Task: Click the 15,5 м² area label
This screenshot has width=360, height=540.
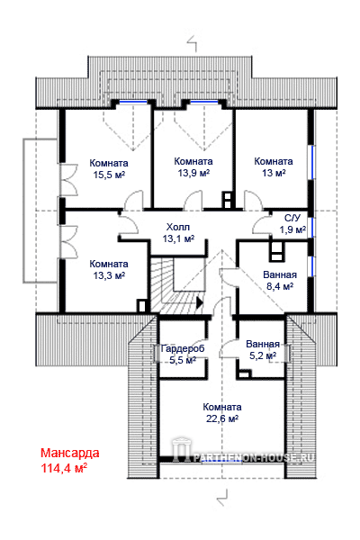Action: (x=109, y=175)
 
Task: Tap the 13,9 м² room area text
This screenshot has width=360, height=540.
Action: (x=193, y=173)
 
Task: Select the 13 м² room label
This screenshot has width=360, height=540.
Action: (x=274, y=173)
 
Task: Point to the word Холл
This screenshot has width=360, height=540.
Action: (x=178, y=227)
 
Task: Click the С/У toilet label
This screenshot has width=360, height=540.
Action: (x=292, y=218)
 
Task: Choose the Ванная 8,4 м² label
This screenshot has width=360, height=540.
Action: (x=280, y=280)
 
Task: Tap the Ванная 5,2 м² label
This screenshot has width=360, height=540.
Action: (x=263, y=349)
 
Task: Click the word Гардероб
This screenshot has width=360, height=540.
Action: (x=183, y=348)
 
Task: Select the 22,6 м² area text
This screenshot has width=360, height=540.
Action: (x=222, y=418)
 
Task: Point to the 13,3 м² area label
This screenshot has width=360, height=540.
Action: (x=109, y=275)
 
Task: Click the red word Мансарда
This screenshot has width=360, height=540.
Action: (x=70, y=453)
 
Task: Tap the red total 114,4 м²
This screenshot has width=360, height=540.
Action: (x=64, y=468)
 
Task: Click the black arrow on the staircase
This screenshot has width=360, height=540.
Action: (x=200, y=302)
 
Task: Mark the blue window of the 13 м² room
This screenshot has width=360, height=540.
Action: (x=313, y=162)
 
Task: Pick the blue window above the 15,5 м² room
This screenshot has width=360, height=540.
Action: (x=133, y=102)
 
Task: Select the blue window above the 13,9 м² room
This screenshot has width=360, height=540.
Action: (x=204, y=102)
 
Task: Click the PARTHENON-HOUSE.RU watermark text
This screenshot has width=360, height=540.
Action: (x=253, y=457)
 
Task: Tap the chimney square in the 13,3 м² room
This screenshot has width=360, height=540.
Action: (x=141, y=306)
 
